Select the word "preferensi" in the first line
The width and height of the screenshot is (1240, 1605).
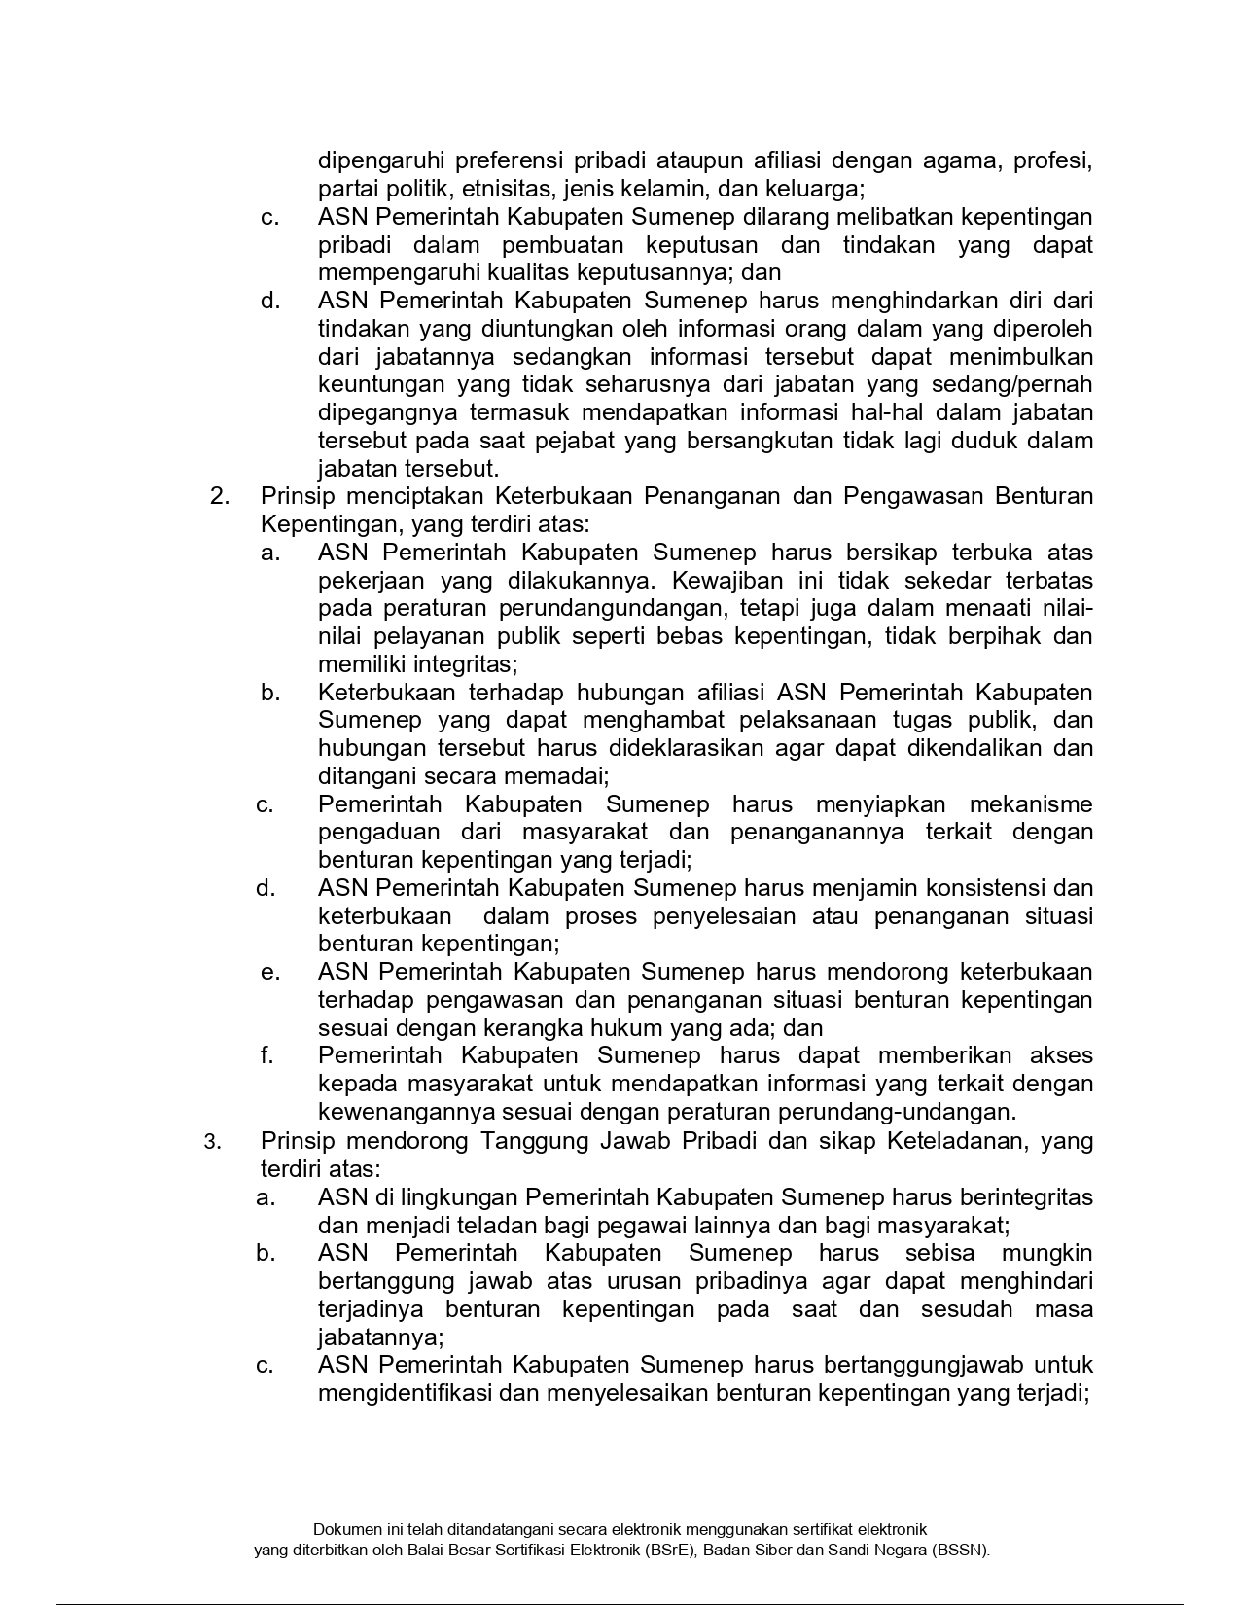(507, 160)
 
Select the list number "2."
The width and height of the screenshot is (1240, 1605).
(220, 496)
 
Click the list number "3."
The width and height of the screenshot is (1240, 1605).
(213, 1142)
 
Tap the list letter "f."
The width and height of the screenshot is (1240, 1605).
(266, 1055)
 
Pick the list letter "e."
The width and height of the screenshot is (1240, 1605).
(268, 972)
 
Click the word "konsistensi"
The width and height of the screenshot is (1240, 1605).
(990, 888)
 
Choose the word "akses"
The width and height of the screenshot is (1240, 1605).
(1061, 1055)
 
